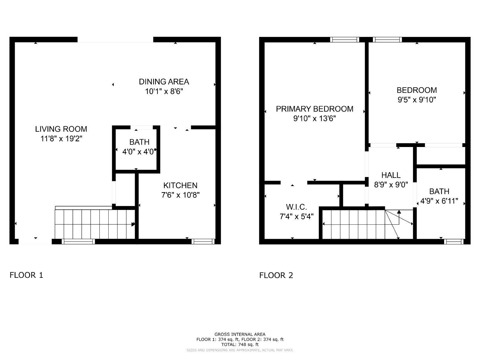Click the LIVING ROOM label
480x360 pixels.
61,129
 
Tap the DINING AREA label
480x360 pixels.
164,82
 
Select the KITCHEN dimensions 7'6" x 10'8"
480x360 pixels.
180,195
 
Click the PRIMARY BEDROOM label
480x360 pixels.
314,109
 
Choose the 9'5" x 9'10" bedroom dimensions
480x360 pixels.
417,100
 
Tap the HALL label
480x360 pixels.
391,175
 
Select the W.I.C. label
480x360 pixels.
296,207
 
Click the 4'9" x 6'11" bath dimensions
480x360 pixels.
439,201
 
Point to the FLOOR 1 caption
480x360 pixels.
26,275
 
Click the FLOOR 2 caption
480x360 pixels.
276,275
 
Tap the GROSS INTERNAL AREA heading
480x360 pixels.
240,334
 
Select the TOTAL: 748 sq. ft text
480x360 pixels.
240,344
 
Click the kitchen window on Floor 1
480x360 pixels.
203,241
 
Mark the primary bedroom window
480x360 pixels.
345,40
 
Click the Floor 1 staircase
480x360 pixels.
95,224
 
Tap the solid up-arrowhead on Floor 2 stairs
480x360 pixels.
399,211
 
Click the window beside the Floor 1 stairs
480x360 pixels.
78,241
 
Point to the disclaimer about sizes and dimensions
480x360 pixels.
240,350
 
